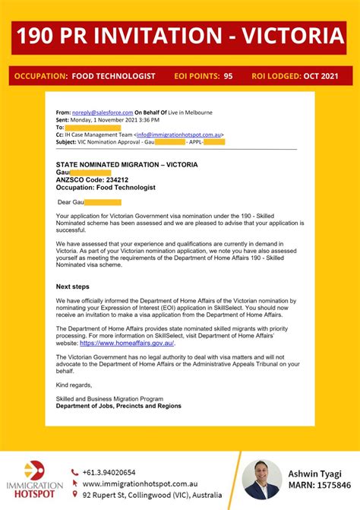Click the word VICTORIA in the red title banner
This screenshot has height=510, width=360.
click(286, 36)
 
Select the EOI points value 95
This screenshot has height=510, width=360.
click(228, 76)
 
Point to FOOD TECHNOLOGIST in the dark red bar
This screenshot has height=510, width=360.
click(113, 76)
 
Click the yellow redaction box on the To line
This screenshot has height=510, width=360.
click(88, 128)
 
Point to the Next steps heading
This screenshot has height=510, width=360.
click(73, 287)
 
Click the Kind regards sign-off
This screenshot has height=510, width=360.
click(74, 385)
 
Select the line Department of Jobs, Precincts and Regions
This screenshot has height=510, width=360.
click(118, 406)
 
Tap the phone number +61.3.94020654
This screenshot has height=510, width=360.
click(109, 472)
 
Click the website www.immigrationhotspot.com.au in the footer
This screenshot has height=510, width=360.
click(140, 483)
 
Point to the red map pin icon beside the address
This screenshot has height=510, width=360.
click(74, 495)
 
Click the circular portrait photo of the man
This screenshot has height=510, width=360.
click(262, 479)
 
